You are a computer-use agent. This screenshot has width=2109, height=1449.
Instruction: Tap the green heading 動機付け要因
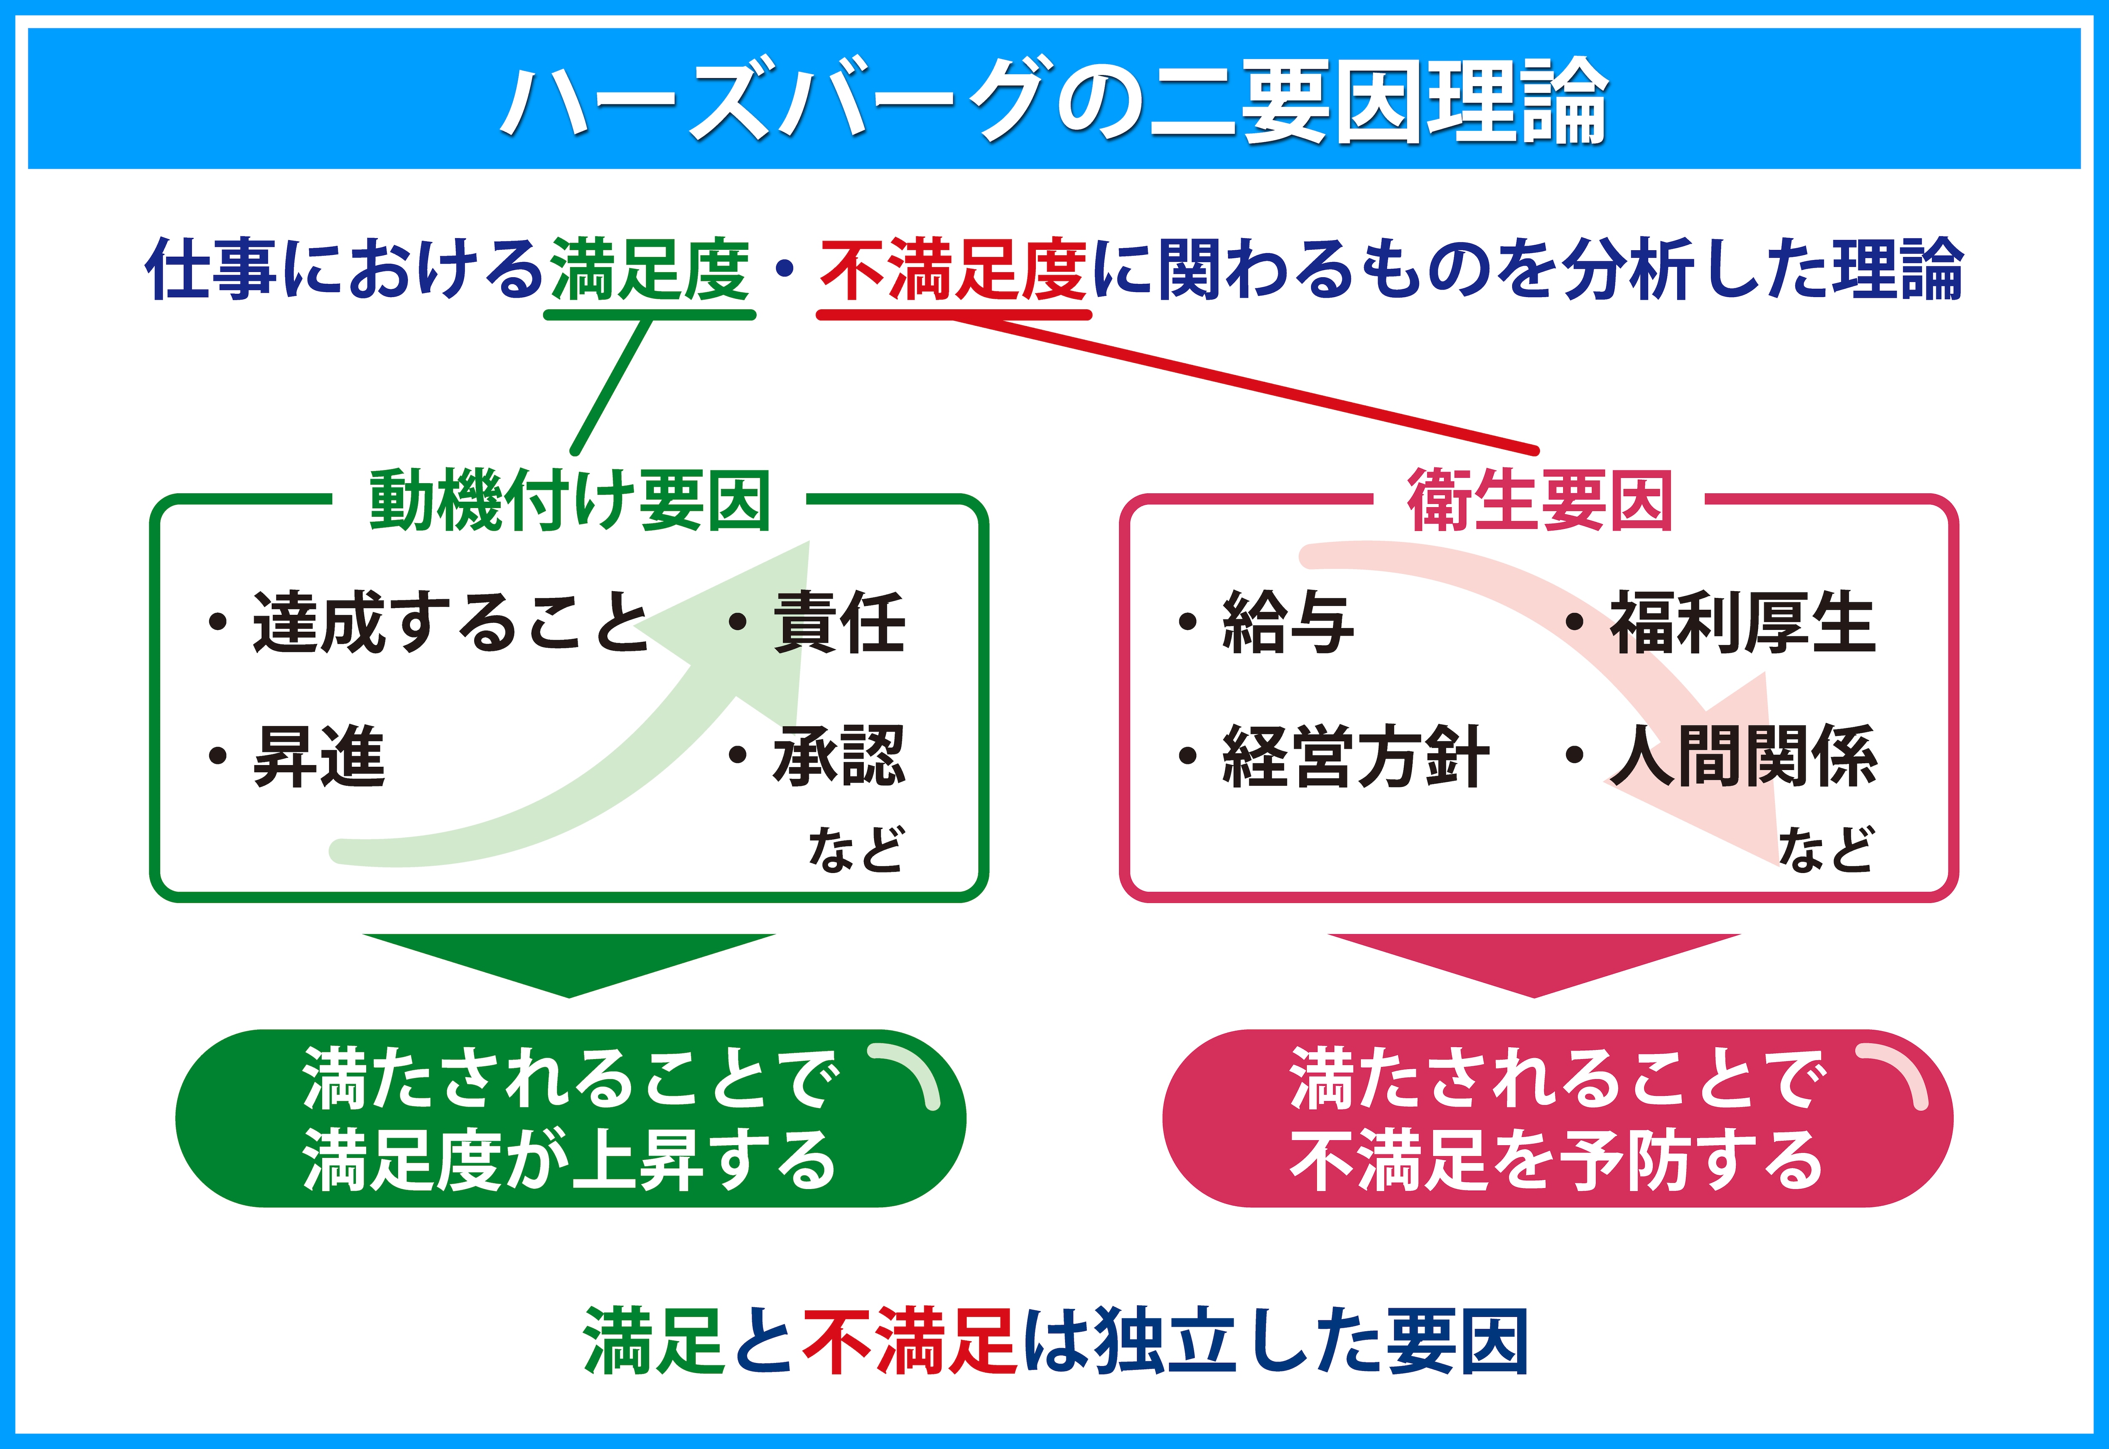[570, 500]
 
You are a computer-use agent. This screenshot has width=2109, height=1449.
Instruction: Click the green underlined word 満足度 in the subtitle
[650, 270]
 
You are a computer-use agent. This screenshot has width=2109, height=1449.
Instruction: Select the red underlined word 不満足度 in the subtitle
[954, 270]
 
